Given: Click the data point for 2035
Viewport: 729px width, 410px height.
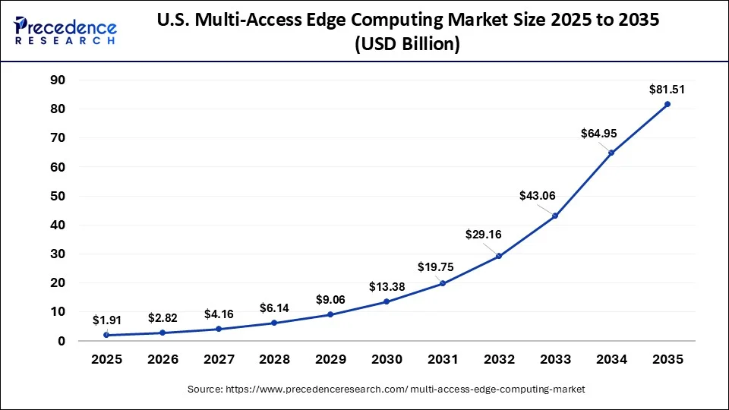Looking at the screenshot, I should coord(667,104).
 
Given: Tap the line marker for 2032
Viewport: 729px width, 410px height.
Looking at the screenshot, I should coord(499,256).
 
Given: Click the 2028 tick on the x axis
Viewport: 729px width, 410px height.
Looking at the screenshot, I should coord(274,359).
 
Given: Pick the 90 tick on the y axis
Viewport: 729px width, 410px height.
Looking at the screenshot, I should coord(58,80).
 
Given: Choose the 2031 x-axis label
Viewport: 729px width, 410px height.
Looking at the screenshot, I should coord(443,359).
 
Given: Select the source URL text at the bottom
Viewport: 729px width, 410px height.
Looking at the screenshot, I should coord(387,389).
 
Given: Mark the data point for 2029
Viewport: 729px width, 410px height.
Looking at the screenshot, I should coord(330,314).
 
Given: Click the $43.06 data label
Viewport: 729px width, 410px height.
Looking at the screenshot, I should coord(537,196).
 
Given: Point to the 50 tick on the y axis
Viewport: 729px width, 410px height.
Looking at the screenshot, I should coord(58,196).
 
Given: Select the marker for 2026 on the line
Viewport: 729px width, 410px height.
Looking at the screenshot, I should coord(162,333).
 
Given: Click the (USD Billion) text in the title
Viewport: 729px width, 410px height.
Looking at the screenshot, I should coord(406,46).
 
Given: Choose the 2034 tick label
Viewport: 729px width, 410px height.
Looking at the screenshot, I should coord(611,359).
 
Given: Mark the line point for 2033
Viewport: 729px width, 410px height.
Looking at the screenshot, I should coord(555,216).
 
